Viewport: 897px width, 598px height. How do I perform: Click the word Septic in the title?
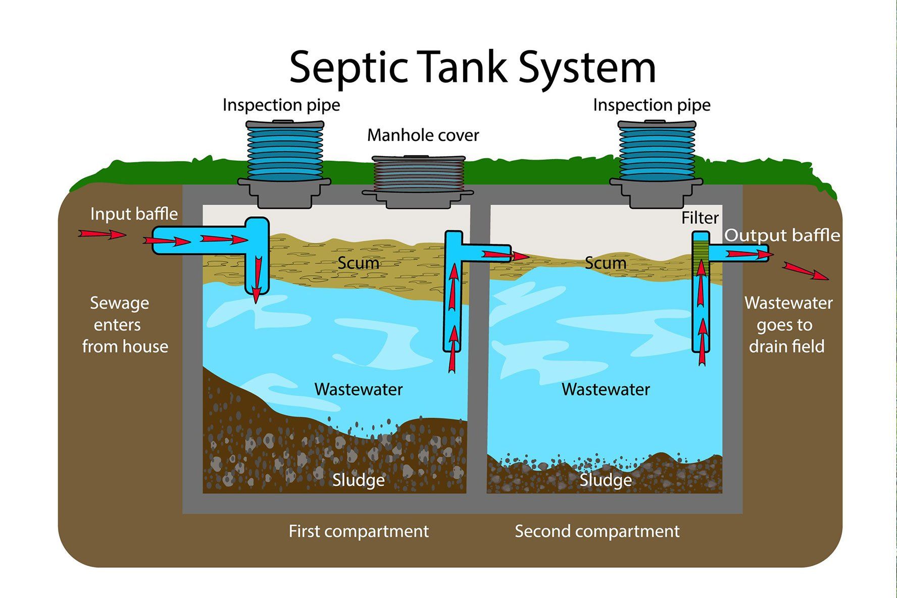(348, 67)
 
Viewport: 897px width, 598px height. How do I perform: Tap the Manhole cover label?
(423, 135)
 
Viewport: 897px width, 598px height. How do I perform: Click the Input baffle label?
(134, 214)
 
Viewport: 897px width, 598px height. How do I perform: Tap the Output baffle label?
(782, 235)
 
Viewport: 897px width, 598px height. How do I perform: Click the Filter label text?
(700, 218)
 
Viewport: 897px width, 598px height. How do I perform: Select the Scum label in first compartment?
(358, 263)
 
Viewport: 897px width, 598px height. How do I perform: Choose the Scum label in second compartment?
(605, 263)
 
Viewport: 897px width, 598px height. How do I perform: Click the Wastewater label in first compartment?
(358, 389)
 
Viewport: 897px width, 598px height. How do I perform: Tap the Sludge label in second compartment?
(605, 480)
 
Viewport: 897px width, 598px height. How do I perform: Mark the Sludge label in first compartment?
(358, 480)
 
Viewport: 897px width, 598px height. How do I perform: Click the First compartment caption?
(358, 531)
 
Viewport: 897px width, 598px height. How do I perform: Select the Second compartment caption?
(596, 531)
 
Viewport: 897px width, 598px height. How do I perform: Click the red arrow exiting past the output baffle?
(805, 271)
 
